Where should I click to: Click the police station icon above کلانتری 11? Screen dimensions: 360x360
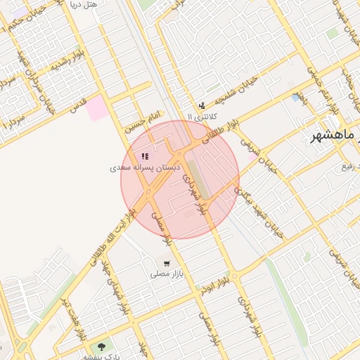click(202, 105)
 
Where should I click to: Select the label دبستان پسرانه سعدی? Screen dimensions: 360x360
click(145, 168)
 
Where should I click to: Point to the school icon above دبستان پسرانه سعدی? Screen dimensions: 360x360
click(144, 156)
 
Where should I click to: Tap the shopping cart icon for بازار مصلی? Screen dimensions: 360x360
click(166, 264)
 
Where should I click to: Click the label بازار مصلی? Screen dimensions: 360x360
click(166, 275)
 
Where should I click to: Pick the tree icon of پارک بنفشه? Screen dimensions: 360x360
click(103, 346)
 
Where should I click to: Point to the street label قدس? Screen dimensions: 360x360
click(78, 105)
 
